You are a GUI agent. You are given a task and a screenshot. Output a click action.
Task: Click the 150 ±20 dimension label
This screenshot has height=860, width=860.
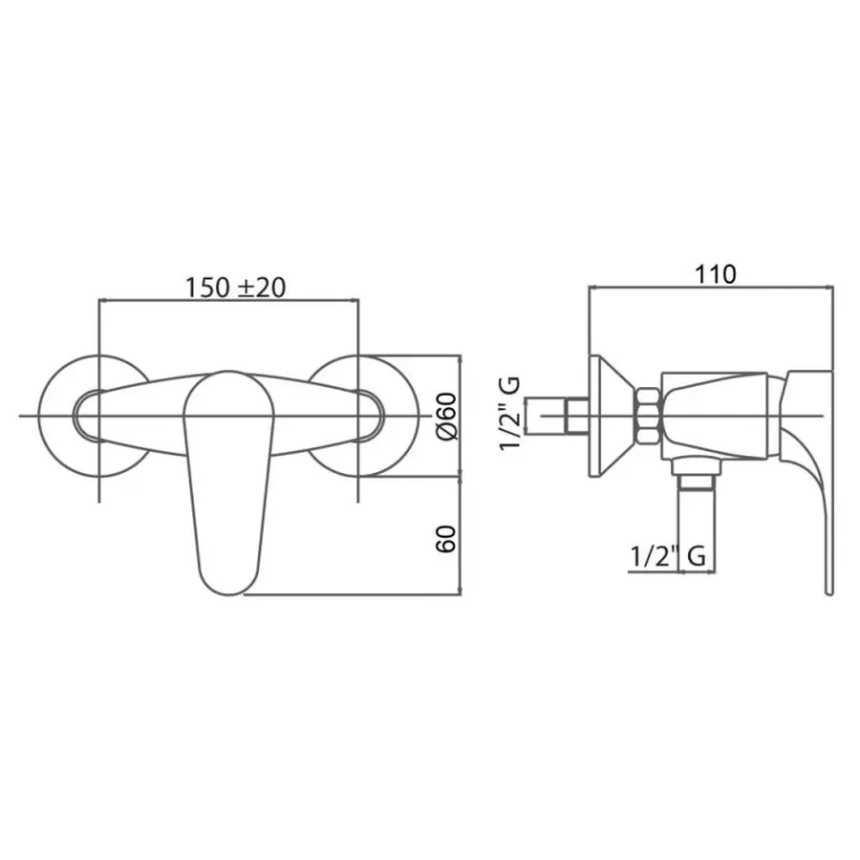(235, 287)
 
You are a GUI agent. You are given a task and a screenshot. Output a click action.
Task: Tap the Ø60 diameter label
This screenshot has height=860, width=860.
(446, 416)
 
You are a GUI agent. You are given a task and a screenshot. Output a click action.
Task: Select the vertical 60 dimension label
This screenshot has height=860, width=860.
(446, 538)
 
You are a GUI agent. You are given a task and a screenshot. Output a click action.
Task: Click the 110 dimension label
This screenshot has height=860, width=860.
(716, 274)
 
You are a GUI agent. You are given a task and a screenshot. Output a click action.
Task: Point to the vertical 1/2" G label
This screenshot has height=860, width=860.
(510, 414)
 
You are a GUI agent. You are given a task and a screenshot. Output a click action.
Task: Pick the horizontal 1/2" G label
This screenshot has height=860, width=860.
(668, 556)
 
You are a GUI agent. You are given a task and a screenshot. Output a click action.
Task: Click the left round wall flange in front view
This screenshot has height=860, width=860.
(54, 416)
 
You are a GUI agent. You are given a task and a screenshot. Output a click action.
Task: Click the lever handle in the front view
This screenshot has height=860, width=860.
(228, 483)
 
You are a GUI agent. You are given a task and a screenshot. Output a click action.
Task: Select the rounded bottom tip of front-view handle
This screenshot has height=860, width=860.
(229, 594)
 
